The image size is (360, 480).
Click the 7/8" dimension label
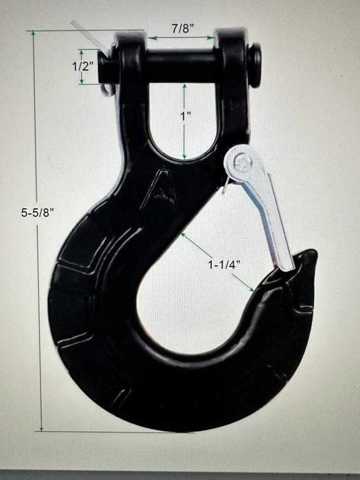coord(182,28)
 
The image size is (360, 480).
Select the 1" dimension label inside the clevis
coord(185,116)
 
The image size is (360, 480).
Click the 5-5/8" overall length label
coord(21,213)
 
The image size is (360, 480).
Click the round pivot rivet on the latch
coord(240,163)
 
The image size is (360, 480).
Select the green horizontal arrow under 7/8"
coord(182,39)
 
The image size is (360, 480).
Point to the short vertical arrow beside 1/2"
coord(82,67)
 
